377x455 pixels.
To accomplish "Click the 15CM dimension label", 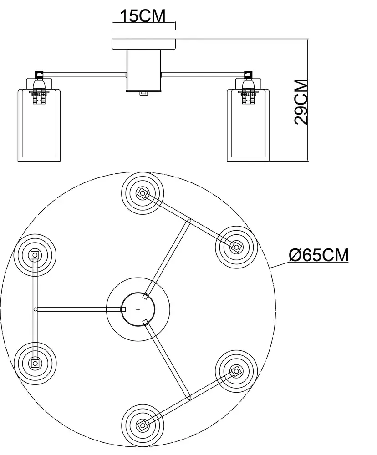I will coord(143,16).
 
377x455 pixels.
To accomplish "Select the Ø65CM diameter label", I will coord(319,255).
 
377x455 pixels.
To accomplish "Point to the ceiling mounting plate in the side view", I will coord(143,44).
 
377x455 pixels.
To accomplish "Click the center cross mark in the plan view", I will coord(138,309).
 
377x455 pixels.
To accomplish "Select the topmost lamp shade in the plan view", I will coord(142,193).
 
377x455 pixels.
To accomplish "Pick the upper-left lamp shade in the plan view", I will coord(35,255).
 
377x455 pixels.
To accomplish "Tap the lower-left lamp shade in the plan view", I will coord(35,363).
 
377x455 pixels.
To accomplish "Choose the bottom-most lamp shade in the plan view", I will coord(142,425).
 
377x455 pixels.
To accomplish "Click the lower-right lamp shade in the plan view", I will coord(236,371).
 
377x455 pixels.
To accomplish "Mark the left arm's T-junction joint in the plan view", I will coord(36,309).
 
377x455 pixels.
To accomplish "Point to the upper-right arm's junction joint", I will coord(189,221).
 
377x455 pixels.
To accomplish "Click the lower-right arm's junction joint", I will coord(189,398).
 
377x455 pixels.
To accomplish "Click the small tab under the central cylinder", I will coord(143,93).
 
